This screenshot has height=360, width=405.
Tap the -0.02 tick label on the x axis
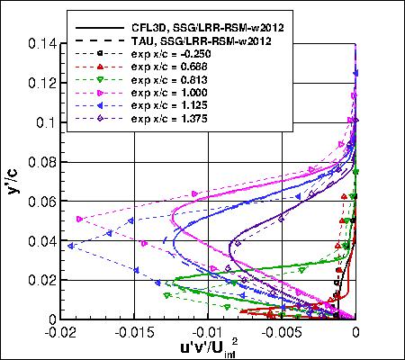click(60, 331)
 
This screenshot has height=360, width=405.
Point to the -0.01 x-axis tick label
click(208, 331)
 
